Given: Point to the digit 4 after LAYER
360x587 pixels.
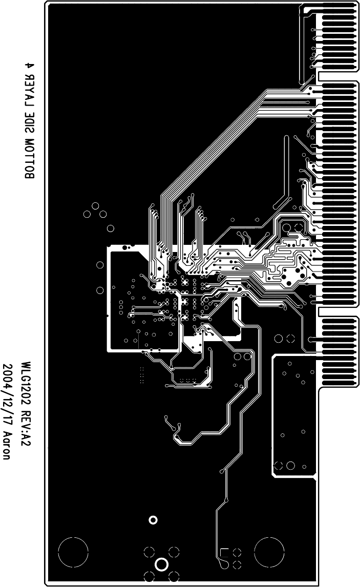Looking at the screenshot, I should click(29, 65).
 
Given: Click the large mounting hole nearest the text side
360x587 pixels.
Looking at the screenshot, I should click(73, 553).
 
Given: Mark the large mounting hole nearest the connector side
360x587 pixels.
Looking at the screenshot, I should click(269, 553).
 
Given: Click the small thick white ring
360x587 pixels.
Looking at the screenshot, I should click(153, 520).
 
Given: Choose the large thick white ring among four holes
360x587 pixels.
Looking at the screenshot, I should click(161, 564).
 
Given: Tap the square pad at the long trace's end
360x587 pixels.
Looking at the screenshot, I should click(224, 552).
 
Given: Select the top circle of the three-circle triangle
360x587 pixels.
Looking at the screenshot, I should click(95, 206).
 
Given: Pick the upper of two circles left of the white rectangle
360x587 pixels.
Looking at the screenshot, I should click(100, 265).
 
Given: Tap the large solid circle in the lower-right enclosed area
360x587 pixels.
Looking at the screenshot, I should click(291, 465).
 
